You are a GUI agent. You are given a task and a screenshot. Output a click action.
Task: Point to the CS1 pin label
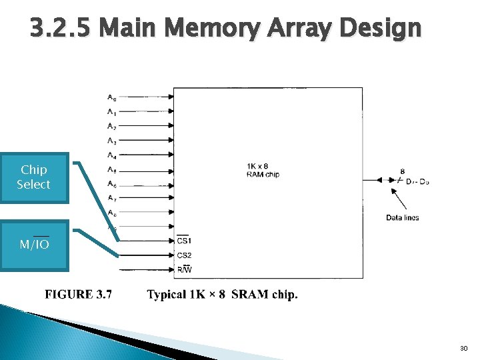184,240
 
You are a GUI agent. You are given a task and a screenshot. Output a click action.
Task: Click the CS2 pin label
184,255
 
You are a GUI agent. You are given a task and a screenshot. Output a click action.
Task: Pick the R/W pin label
184,270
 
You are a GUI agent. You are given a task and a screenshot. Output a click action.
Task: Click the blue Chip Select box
34,177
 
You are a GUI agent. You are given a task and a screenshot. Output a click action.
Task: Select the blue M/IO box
34,245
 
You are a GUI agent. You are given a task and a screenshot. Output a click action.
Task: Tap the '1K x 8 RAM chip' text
263,170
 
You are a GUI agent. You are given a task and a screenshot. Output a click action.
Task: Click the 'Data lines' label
402,218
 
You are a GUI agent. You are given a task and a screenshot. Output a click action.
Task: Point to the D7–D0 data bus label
417,181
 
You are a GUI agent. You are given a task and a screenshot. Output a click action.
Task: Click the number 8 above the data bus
402,171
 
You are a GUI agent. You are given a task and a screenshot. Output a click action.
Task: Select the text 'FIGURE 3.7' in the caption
79,295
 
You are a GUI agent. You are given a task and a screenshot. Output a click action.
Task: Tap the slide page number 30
464,349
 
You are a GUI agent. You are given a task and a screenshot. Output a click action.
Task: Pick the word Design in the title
379,29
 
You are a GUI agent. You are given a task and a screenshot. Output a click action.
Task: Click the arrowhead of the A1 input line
171,112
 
